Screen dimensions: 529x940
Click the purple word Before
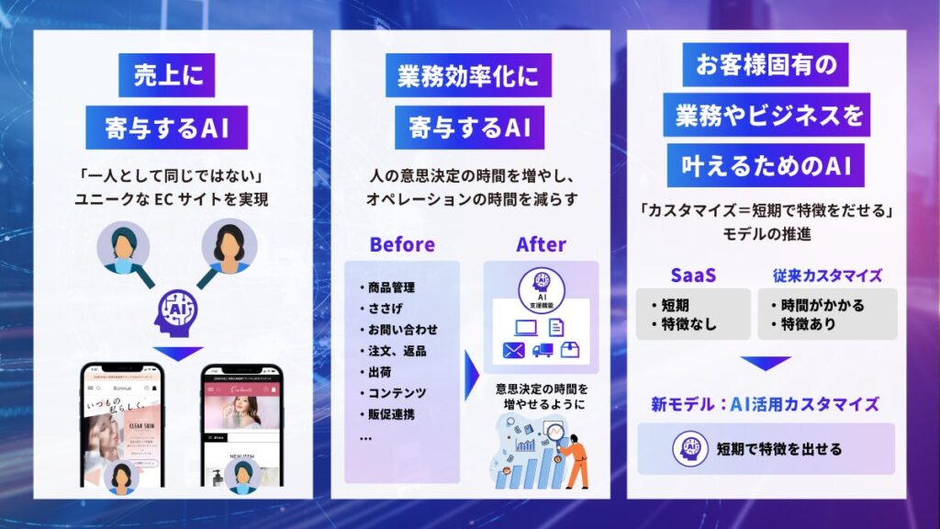tap(402, 245)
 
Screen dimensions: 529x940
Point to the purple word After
tap(541, 245)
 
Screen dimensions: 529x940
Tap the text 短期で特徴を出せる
tap(779, 449)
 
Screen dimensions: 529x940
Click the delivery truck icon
tap(541, 350)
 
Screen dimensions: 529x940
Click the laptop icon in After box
tap(526, 325)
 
